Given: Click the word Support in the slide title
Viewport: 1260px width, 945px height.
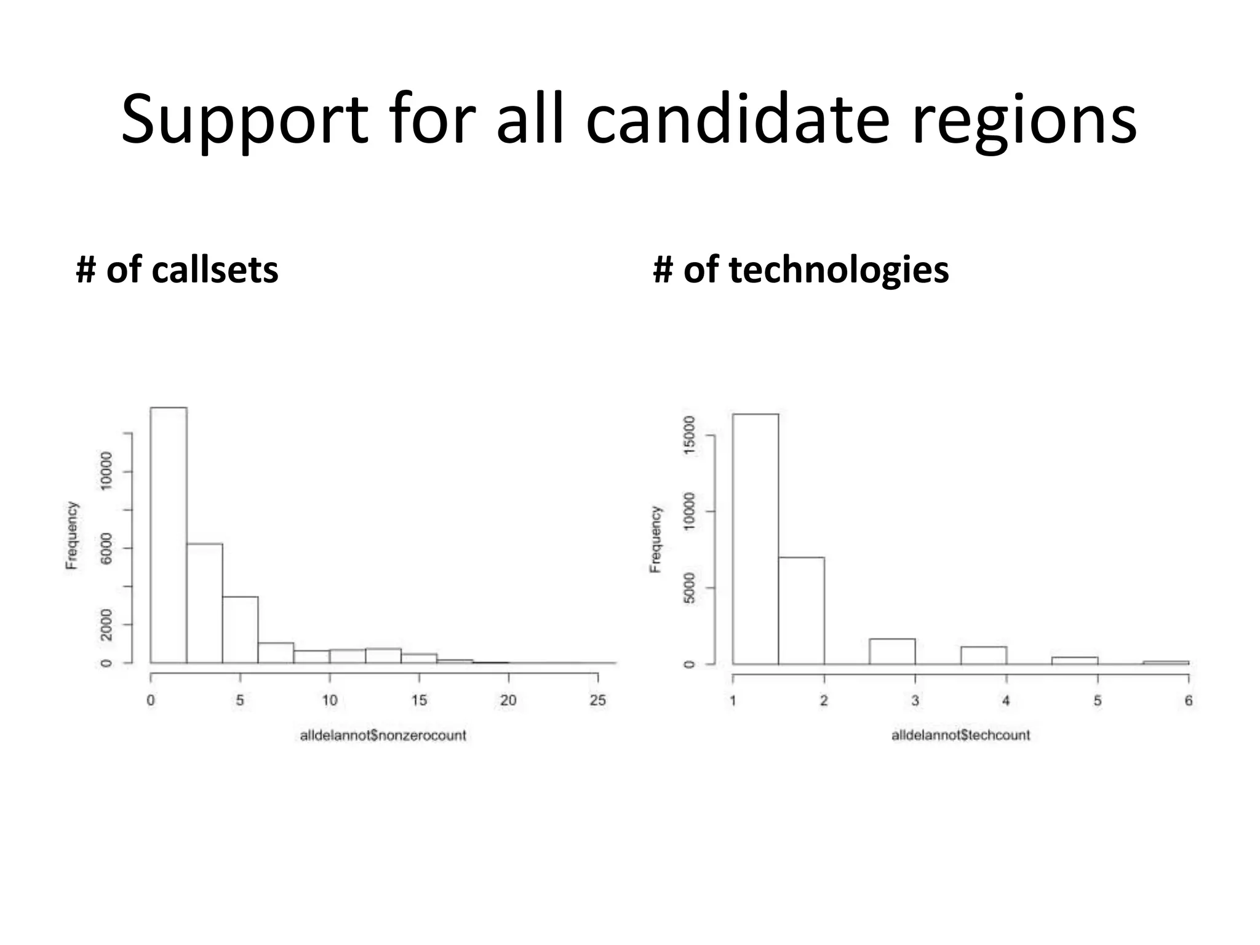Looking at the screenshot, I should click(244, 120).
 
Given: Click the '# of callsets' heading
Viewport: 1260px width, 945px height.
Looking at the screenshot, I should click(177, 269).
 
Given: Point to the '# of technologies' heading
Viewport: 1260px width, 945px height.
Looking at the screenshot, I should click(800, 269).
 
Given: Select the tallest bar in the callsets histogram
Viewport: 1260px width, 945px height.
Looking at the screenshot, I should click(169, 535).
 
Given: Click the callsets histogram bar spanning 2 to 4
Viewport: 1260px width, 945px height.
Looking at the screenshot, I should click(204, 603).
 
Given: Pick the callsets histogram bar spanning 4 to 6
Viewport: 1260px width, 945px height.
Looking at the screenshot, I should click(240, 629).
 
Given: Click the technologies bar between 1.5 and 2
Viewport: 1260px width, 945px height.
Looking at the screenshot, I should click(801, 610).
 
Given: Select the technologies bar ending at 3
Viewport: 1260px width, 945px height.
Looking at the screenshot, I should click(892, 652).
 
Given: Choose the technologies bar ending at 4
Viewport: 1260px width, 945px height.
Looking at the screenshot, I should click(983, 655).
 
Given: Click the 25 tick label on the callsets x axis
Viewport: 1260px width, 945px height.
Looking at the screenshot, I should click(597, 700).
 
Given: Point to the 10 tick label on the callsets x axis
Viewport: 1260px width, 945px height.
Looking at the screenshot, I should click(329, 700).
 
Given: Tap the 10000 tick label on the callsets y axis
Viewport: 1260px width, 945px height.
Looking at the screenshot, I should click(106, 471).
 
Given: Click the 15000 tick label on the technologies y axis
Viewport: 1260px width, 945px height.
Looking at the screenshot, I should click(689, 435).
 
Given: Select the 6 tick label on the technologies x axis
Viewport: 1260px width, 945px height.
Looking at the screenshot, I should click(1189, 701).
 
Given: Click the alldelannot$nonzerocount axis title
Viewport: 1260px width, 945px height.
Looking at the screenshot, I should click(383, 735).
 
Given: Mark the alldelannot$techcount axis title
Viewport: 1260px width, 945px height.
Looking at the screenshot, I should click(960, 735).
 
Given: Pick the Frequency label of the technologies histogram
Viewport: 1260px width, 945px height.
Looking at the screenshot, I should click(656, 540).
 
